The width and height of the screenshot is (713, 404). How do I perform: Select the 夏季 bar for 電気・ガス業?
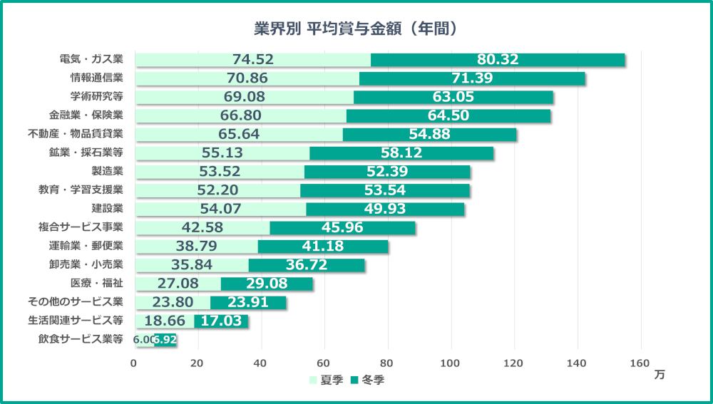(x=252, y=60)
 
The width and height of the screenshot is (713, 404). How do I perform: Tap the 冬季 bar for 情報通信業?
(x=471, y=78)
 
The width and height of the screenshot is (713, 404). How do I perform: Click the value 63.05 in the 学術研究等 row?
(x=453, y=97)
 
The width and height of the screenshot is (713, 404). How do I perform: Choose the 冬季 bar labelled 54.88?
(x=429, y=134)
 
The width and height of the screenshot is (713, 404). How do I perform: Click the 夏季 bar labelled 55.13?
(x=222, y=152)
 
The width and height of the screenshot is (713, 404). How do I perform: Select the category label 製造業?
(x=107, y=171)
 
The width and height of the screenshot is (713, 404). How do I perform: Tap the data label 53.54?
(x=385, y=190)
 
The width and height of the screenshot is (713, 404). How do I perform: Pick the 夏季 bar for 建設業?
(x=220, y=209)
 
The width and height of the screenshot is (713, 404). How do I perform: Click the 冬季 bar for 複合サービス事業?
(x=342, y=227)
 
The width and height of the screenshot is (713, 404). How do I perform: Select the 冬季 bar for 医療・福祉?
(x=267, y=284)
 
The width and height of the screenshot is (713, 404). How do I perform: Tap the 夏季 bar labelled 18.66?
(x=165, y=321)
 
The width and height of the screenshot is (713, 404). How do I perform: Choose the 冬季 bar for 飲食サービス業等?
(x=165, y=340)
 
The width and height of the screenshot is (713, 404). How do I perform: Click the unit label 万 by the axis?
(x=659, y=375)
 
